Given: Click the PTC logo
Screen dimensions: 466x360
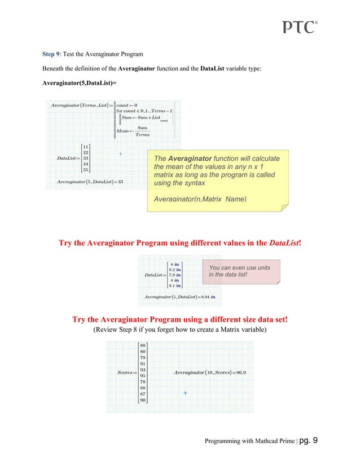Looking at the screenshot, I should [299, 27].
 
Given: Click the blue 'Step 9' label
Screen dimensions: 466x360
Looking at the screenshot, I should [54, 54].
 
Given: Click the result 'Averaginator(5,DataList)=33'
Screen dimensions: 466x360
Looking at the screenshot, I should [90, 181].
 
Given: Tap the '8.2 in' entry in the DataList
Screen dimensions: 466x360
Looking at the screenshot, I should [174, 269].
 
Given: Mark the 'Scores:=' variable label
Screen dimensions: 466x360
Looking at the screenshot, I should [126, 372].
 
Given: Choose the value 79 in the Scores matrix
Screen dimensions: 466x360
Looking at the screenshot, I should [143, 357].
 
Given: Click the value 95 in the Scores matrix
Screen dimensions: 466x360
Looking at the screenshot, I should [143, 375].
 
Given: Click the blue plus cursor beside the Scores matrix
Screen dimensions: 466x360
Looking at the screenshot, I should [185, 393].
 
